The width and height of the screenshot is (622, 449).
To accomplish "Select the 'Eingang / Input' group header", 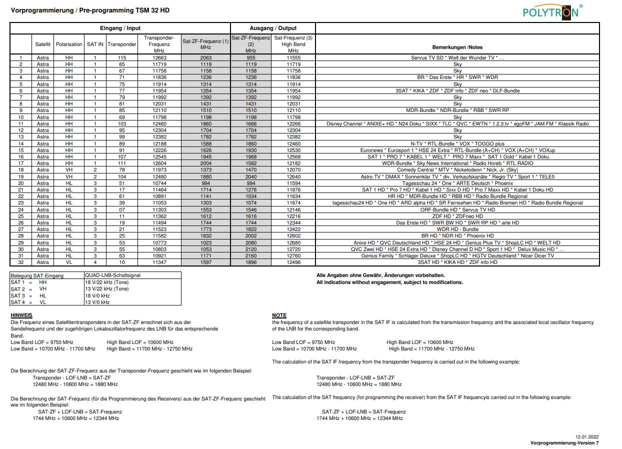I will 120,28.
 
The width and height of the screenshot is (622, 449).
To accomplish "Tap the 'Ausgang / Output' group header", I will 273,28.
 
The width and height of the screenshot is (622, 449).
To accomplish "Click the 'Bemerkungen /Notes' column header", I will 457,47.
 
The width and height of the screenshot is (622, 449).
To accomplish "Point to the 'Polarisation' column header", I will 69,44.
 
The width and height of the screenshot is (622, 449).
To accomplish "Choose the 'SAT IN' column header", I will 95,44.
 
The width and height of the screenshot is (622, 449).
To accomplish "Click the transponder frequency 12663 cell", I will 159,58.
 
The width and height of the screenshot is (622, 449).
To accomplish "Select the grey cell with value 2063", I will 205,58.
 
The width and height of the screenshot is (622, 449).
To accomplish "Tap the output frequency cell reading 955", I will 251,58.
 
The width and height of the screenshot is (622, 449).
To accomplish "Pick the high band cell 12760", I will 293,255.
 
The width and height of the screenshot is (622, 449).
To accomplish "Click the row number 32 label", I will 21,262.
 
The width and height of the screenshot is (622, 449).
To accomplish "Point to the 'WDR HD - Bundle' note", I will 457,229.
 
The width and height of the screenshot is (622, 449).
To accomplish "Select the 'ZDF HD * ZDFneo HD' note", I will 457,216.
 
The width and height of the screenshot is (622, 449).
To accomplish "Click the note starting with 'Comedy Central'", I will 457,170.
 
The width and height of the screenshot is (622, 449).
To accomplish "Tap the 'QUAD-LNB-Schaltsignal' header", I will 112,275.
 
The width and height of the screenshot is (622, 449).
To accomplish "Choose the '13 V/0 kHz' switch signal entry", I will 97,302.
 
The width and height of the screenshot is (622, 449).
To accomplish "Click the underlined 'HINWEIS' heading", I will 21,315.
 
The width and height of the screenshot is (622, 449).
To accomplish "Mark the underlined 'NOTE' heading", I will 279,315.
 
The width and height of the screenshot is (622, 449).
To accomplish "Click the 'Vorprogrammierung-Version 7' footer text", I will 564,443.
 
